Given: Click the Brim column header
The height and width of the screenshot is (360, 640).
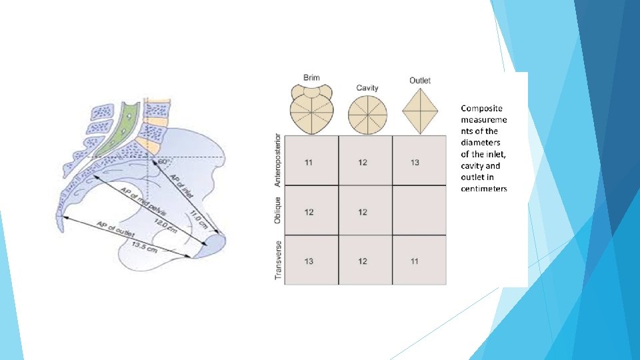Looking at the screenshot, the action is point(311,78).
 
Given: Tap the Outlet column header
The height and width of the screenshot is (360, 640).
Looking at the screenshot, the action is point(420,81).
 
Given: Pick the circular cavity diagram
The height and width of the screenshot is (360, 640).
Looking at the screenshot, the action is point(366,114).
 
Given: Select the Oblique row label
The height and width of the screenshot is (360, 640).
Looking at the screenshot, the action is point(279,211).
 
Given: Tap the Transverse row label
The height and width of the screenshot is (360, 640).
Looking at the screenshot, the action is point(279,260).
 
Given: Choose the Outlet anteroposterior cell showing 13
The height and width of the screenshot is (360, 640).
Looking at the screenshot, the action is point(415,163).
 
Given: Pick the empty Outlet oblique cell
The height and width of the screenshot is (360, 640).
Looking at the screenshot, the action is point(419,211).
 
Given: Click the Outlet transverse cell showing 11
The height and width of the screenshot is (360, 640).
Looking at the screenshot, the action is point(415,261).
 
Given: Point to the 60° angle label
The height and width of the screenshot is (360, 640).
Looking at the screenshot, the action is point(163,161).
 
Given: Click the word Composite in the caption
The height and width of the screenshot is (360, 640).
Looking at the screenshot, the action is point(482,107).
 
